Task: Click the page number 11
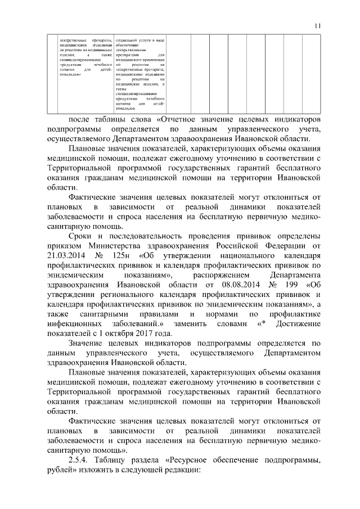pos(318,25)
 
